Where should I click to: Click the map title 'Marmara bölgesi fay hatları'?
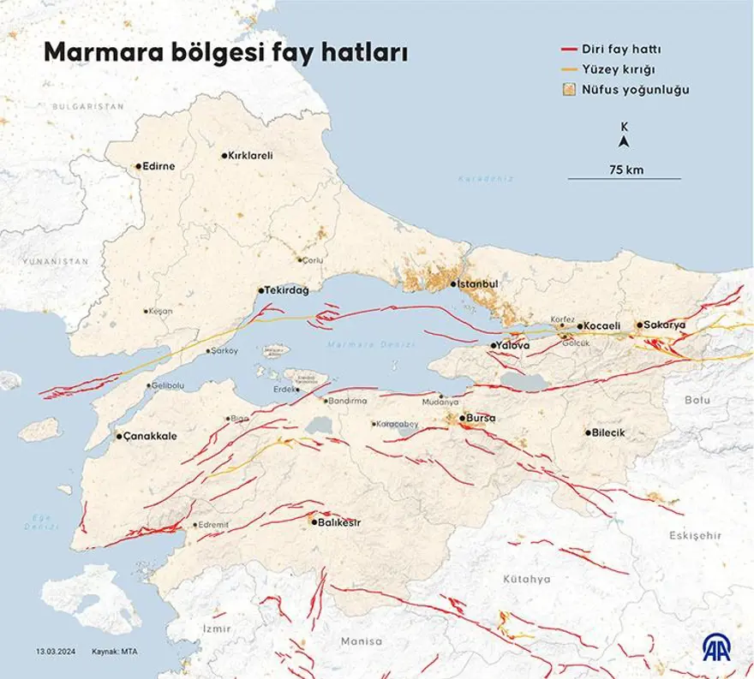pyautogui.click(x=225, y=53)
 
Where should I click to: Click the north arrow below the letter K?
pyautogui.click(x=625, y=141)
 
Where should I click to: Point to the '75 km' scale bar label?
pyautogui.click(x=625, y=170)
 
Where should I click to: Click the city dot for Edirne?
pyautogui.click(x=138, y=167)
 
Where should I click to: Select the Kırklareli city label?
pyautogui.click(x=250, y=156)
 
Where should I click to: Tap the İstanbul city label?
pyautogui.click(x=479, y=284)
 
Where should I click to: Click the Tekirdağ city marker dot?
pyautogui.click(x=260, y=291)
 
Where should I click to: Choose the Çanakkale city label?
pyautogui.click(x=151, y=437)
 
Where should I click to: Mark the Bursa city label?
pyautogui.click(x=482, y=419)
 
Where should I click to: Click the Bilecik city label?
pyautogui.click(x=609, y=432)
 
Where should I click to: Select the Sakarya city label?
pyautogui.click(x=666, y=325)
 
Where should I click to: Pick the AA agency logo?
pyautogui.click(x=718, y=649)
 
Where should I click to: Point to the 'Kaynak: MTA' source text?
pyautogui.click(x=116, y=652)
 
